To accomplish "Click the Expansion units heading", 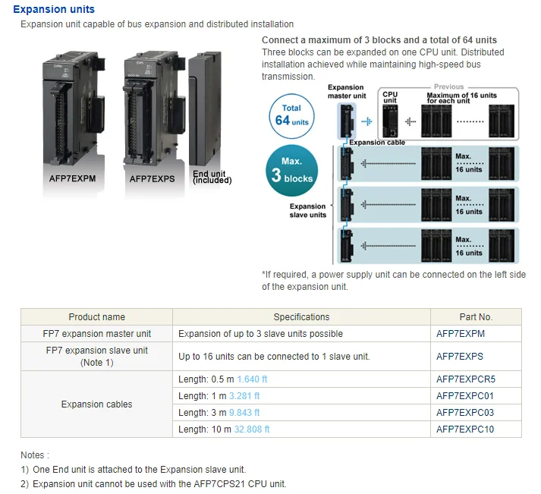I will coord(54,9).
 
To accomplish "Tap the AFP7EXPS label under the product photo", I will coord(152,179).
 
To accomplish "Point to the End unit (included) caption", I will coord(212,178).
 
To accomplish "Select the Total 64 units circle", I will coord(291,115).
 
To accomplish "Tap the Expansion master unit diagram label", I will coord(346,92).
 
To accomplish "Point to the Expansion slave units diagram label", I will coord(307,210).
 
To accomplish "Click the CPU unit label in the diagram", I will coord(390,98).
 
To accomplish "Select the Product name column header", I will coord(96,317).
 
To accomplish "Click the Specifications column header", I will coord(301,317).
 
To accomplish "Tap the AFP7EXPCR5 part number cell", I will coord(465,379).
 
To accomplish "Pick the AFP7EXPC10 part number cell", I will coord(464,429).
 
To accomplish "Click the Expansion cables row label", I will coord(96,404).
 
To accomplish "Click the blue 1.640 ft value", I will coord(253,379).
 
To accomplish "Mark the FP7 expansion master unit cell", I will coord(96,334).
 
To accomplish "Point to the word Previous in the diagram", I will coord(448,87).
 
